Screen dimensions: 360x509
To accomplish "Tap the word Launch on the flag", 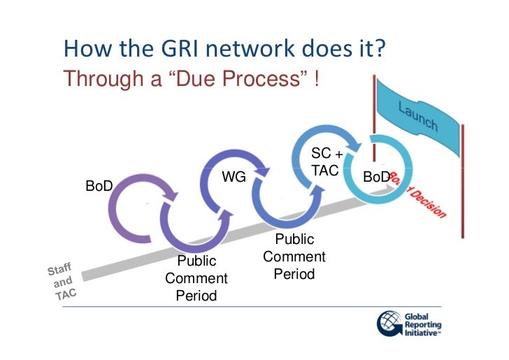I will pos(418,116).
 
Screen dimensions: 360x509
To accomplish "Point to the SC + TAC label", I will pos(324,161).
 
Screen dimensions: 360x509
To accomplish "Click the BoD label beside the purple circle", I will pos(99,186).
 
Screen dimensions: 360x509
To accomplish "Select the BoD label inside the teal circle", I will pos(376,178).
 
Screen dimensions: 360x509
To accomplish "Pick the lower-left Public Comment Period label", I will pos(196,278).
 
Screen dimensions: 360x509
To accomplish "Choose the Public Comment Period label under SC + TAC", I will pos(294,257).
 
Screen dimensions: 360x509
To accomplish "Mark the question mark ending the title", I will pos(383,51).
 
